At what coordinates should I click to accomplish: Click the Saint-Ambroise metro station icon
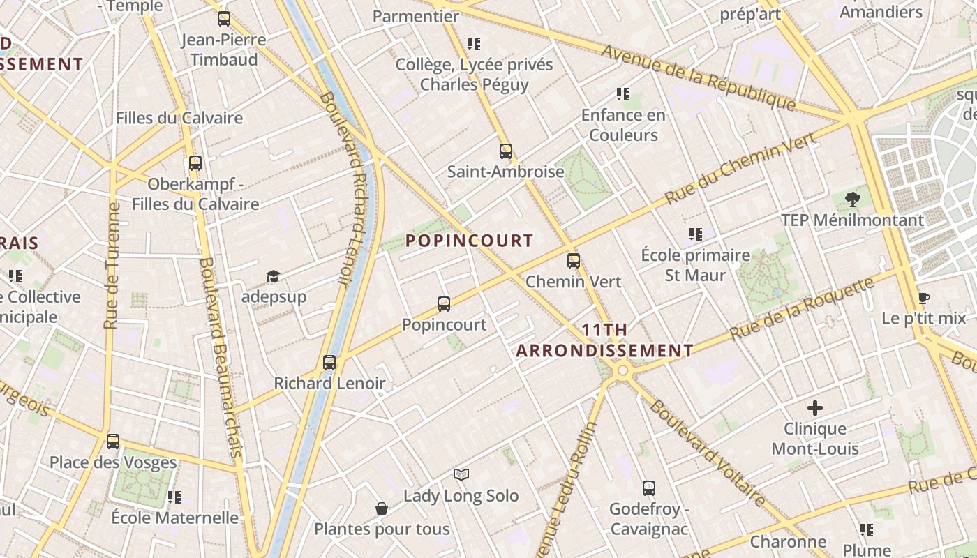click(x=505, y=151)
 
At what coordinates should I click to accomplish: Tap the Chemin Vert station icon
click(x=574, y=261)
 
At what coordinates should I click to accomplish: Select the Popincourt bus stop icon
click(x=444, y=304)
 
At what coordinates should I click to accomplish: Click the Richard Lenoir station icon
click(x=329, y=363)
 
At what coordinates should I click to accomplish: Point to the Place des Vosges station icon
click(x=113, y=442)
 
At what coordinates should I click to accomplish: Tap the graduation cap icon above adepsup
click(x=273, y=277)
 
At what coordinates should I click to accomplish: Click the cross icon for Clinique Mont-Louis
click(x=814, y=408)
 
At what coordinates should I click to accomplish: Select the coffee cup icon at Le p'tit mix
click(x=923, y=299)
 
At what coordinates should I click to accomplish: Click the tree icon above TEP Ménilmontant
click(x=852, y=199)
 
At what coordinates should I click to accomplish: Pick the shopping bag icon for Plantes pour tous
click(x=382, y=508)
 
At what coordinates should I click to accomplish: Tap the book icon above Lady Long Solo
click(x=461, y=475)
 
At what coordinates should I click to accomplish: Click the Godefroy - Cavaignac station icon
click(x=649, y=488)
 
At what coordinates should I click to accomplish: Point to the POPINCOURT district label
click(x=469, y=241)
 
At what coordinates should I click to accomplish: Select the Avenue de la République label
click(x=698, y=77)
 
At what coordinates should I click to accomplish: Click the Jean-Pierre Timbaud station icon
click(x=223, y=19)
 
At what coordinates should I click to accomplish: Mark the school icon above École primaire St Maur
click(x=695, y=234)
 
